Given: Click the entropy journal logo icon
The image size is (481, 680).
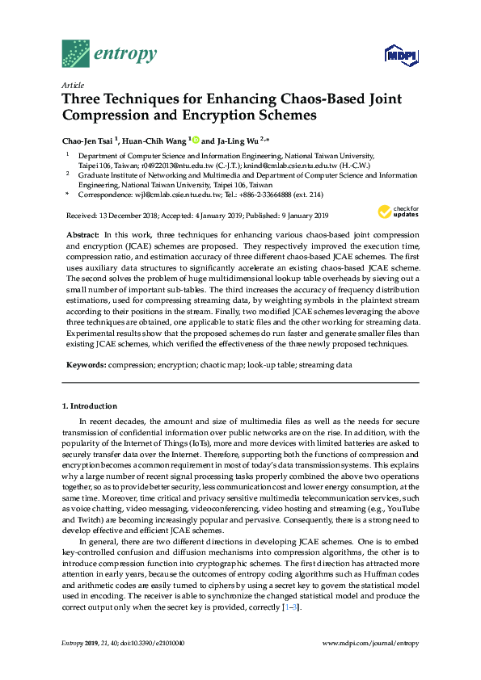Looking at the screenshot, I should click(76, 53).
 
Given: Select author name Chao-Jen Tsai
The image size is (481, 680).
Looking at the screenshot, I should click(89, 139).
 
